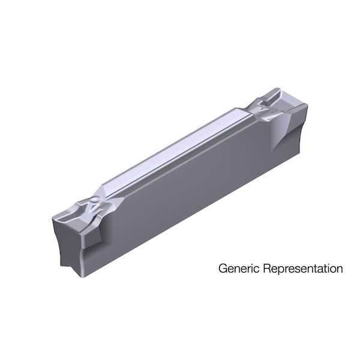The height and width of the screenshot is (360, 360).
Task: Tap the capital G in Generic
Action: point(221,268)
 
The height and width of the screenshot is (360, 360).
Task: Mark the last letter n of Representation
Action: point(340,268)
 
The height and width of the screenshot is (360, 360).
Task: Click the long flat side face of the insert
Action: point(180,192)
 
